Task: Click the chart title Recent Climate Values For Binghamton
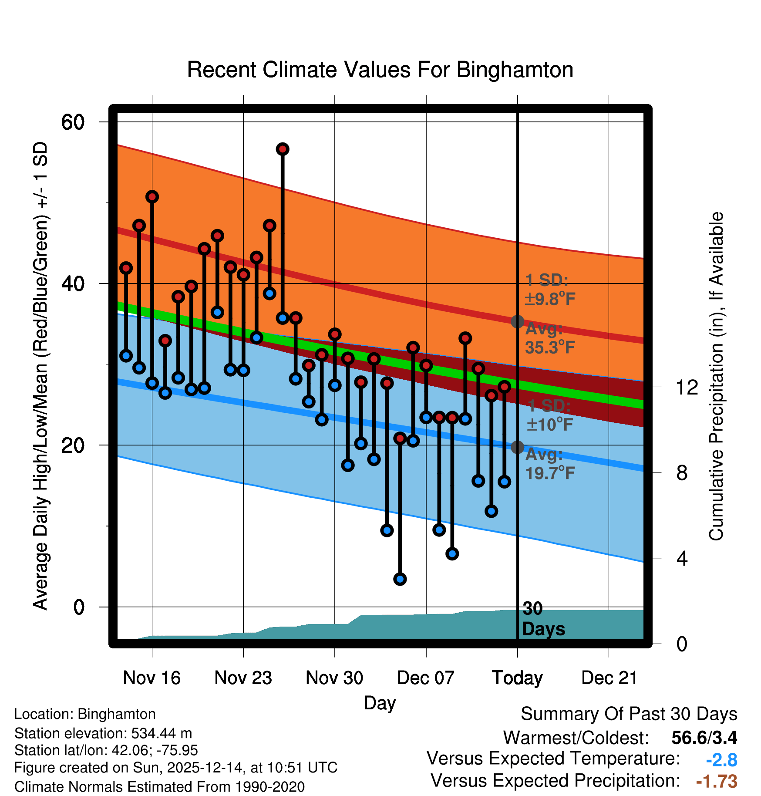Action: (380, 70)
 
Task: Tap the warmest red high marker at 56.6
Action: (283, 149)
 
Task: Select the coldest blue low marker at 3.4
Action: (400, 579)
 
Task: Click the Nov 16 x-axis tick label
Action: (152, 678)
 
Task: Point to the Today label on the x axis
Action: (517, 678)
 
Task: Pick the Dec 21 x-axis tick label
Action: (609, 678)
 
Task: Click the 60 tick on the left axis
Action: (73, 122)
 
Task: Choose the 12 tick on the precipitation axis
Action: (687, 387)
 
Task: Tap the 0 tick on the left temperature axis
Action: (78, 607)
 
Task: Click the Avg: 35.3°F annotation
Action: (549, 338)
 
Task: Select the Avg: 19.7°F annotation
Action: (549, 464)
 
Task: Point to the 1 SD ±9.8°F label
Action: (549, 290)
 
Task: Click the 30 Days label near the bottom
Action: (543, 619)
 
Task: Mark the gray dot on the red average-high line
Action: (517, 322)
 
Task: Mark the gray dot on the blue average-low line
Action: (517, 447)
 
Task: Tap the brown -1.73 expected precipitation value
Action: (717, 781)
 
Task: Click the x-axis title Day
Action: (380, 703)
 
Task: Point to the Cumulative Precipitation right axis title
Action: (716, 376)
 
